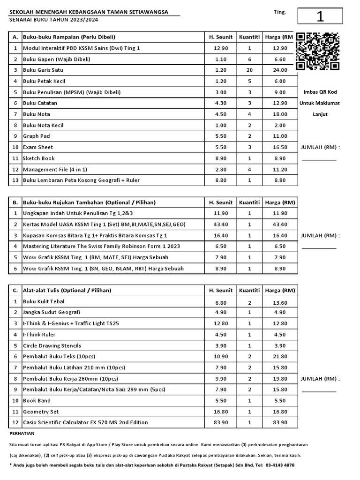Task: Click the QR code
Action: [x=318, y=51]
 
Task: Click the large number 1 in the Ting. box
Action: [x=320, y=16]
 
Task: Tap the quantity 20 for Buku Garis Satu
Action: [x=249, y=70]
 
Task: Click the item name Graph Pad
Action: [x=37, y=136]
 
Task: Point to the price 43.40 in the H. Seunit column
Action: [x=220, y=224]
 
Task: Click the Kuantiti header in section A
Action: [x=249, y=37]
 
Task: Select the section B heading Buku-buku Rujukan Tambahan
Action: [x=89, y=202]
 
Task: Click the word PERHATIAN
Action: [x=22, y=434]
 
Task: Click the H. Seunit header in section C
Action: [x=220, y=290]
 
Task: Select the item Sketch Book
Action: [x=39, y=158]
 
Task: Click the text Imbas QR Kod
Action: [x=321, y=92]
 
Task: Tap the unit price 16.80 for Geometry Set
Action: [x=220, y=412]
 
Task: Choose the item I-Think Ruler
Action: [x=39, y=335]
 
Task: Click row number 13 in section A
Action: [x=15, y=180]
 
